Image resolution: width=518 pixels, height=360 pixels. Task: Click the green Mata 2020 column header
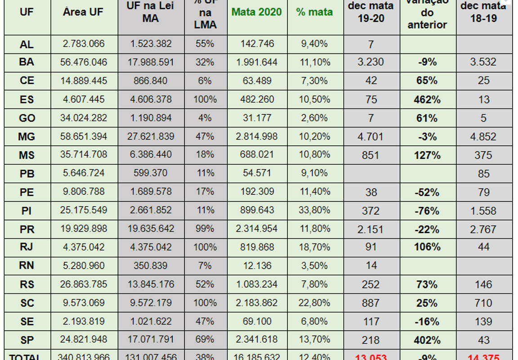257,12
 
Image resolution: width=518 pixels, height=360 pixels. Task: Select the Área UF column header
84,12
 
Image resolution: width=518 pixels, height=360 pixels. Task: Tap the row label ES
27,99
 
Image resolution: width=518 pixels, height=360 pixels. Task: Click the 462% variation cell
427,99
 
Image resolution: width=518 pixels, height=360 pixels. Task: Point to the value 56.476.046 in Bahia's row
84,62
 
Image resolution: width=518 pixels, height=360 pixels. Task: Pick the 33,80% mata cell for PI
315,210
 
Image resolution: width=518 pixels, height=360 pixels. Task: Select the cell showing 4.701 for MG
371,136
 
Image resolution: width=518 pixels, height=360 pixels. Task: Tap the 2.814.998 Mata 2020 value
257,136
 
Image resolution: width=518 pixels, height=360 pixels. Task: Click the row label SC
27,303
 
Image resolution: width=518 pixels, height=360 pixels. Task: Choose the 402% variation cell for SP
427,340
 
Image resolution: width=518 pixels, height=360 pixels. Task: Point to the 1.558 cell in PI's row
483,211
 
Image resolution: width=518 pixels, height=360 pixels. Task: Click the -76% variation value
427,211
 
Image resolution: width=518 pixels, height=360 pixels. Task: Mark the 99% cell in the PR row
205,229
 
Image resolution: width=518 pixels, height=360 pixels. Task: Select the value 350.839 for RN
151,265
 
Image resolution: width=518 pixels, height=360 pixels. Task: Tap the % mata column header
315,12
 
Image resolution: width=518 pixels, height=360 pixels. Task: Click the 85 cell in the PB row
484,173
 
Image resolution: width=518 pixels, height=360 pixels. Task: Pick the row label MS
27,155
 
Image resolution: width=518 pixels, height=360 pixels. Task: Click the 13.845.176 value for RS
151,284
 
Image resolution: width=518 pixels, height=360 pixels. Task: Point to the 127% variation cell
427,155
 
